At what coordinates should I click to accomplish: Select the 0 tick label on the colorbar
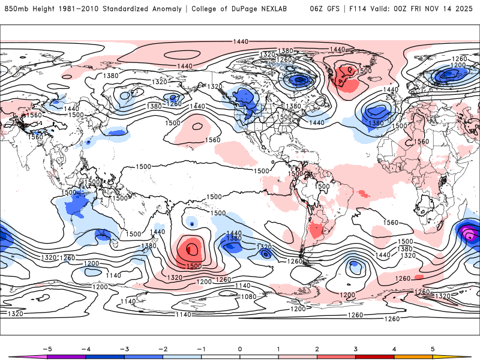point(240,348)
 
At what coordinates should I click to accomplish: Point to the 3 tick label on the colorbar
point(356,348)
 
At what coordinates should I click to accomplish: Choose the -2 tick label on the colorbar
point(163,348)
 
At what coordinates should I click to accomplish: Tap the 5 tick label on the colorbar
point(433,348)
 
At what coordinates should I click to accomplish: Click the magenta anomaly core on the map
point(472,235)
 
